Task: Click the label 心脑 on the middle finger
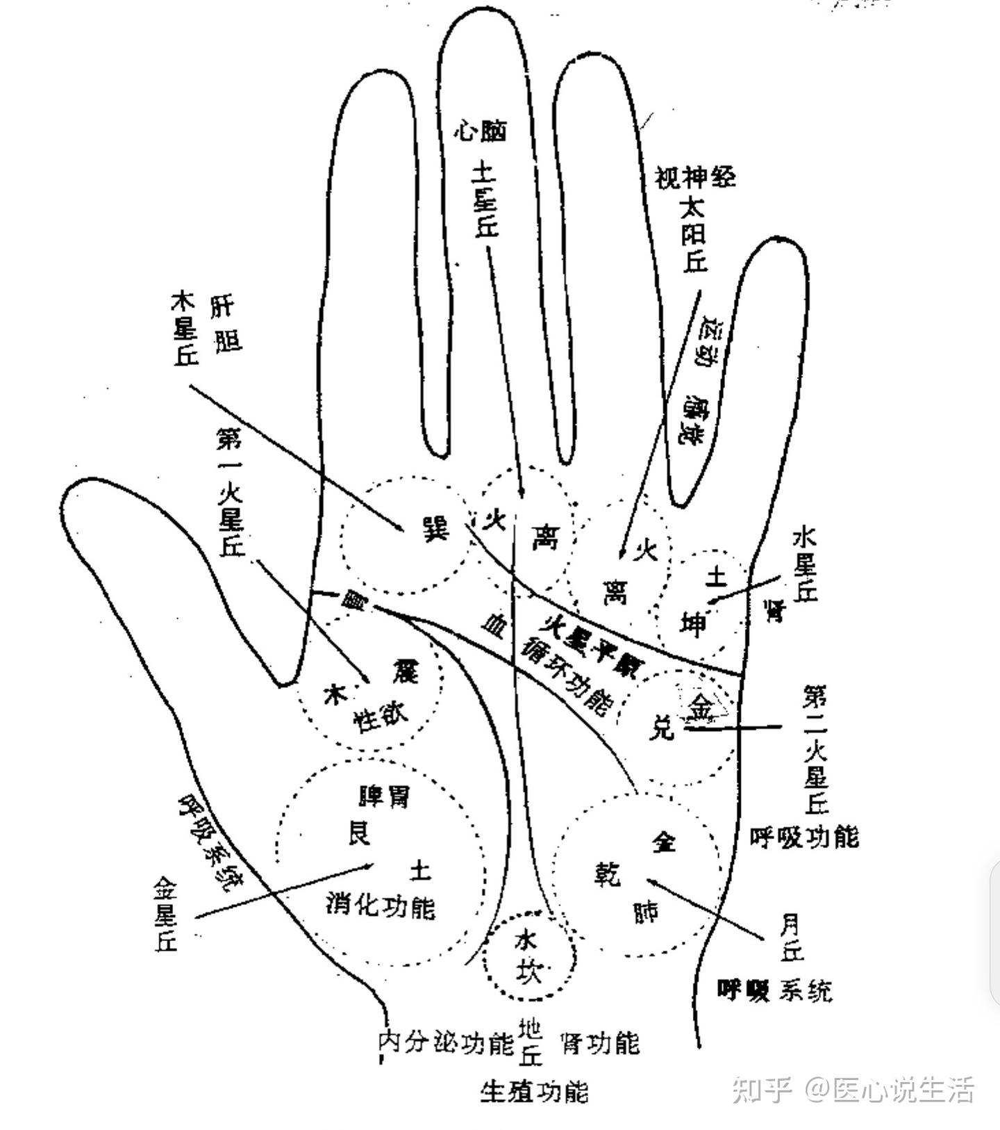(x=481, y=130)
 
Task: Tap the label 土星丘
(x=485, y=199)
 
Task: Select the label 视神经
(x=695, y=177)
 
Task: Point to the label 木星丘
(x=185, y=329)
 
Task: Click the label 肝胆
(x=226, y=325)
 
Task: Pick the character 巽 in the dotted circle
(x=436, y=530)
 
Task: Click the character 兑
(x=662, y=727)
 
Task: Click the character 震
(x=404, y=670)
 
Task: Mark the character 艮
(x=360, y=833)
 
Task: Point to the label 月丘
(x=790, y=938)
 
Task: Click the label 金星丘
(x=167, y=914)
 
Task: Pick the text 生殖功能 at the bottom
(x=534, y=1091)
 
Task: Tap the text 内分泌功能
(x=446, y=1043)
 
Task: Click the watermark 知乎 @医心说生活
(x=853, y=1090)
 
